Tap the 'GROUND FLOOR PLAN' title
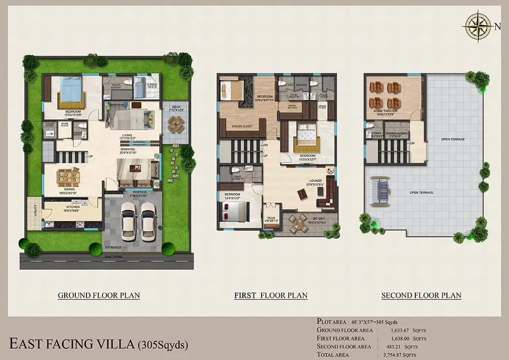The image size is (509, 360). click(x=99, y=295)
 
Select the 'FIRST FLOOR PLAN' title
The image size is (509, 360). click(x=270, y=295)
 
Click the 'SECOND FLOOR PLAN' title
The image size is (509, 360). click(x=421, y=295)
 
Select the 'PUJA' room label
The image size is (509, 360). click(x=271, y=217)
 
